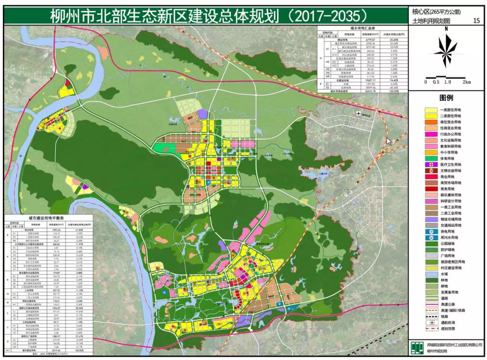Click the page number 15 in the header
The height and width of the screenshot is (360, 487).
(x=476, y=21)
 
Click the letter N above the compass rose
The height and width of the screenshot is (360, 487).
(x=446, y=29)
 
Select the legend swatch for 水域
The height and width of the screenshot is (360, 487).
(x=431, y=273)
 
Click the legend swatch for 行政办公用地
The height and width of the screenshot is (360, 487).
(x=431, y=135)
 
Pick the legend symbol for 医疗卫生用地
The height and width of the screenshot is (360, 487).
(x=431, y=165)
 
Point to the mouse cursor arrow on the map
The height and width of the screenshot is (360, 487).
(x=388, y=141)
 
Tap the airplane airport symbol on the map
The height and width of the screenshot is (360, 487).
(x=358, y=113)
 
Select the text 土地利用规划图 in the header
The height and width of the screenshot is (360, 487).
(x=431, y=21)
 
